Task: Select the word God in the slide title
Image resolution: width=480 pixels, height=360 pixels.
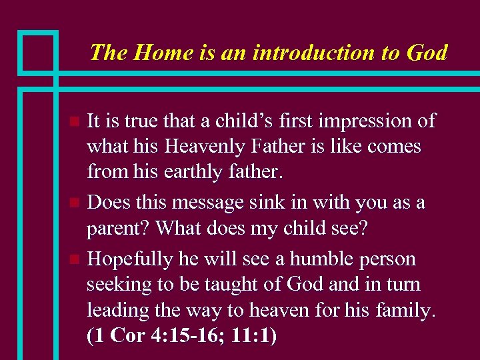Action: (x=426, y=52)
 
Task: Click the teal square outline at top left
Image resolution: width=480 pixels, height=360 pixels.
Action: (x=38, y=51)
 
